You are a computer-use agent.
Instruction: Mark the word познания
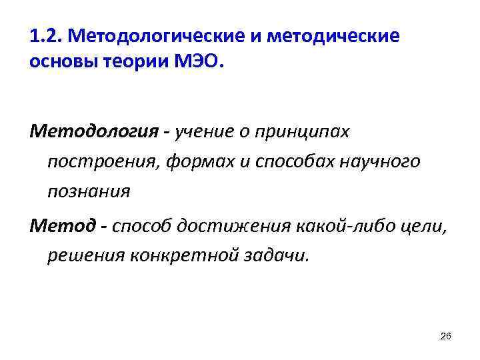coord(89,192)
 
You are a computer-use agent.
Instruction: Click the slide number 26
coord(446,337)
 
